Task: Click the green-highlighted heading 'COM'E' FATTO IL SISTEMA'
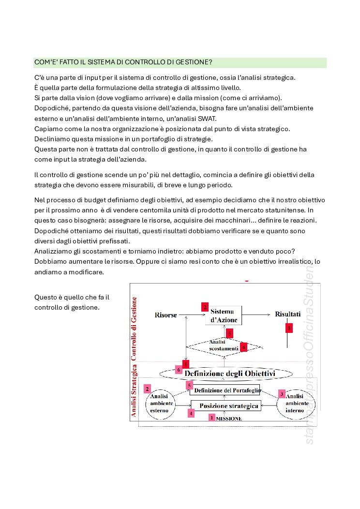click(123, 62)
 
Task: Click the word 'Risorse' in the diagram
click(165, 314)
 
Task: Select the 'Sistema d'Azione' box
click(223, 315)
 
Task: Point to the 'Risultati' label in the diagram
click(288, 314)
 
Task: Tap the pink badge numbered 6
click(179, 370)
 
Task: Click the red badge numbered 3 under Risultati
click(289, 328)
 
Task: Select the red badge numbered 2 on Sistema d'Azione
click(205, 307)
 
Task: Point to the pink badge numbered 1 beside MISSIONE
click(212, 417)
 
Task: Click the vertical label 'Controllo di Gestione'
click(134, 329)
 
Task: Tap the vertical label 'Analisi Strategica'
click(134, 390)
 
